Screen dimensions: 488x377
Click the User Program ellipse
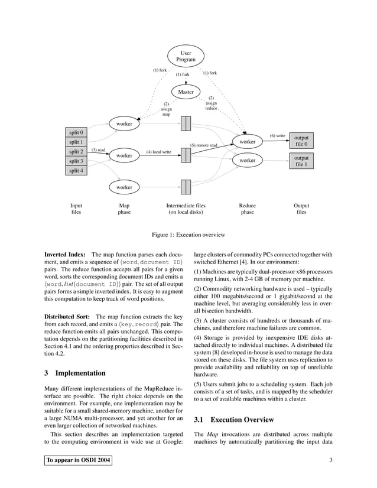pyautogui.click(x=186, y=57)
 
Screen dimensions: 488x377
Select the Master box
pyautogui.click(x=186, y=92)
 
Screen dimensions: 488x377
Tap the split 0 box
pyautogui.click(x=76, y=132)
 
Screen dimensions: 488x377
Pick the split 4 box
pyautogui.click(x=76, y=171)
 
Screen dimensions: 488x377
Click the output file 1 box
pyautogui.click(x=301, y=161)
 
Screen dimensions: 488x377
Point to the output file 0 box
pyautogui.click(x=301, y=141)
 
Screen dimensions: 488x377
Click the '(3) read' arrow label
pyautogui.click(x=98, y=150)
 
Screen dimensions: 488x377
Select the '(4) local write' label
pyautogui.click(x=158, y=152)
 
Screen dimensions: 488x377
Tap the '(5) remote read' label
pyautogui.click(x=203, y=145)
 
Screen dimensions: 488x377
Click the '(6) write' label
pyautogui.click(x=278, y=136)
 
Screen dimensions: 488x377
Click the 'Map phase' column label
pyautogui.click(x=124, y=209)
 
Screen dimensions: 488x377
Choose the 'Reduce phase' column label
pyautogui.click(x=247, y=209)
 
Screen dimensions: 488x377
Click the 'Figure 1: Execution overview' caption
pyautogui.click(x=188, y=235)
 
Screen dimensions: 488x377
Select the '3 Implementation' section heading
pyautogui.click(x=75, y=373)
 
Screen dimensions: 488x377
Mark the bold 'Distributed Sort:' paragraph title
pyautogui.click(x=68, y=317)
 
